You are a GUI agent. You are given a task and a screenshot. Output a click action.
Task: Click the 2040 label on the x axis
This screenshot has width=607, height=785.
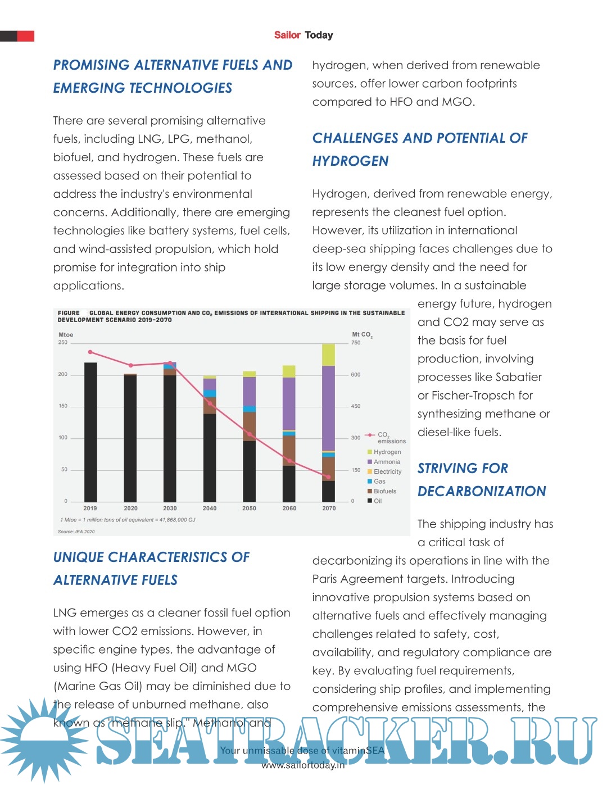click(x=210, y=508)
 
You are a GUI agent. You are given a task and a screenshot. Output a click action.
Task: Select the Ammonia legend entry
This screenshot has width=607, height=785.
click(x=387, y=462)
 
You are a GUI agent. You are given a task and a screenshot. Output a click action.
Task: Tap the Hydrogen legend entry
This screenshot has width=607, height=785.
click(x=387, y=452)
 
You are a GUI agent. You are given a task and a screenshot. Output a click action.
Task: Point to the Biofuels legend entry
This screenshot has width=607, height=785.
click(x=384, y=491)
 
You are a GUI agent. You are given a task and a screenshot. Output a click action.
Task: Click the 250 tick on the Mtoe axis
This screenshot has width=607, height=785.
click(x=62, y=342)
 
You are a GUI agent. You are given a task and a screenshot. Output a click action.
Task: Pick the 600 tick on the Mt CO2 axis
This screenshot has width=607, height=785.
click(x=356, y=374)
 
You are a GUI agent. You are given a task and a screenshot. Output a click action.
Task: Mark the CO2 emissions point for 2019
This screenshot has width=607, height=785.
click(x=90, y=352)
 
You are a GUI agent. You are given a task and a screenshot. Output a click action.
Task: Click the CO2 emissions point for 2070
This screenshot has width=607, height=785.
click(x=329, y=477)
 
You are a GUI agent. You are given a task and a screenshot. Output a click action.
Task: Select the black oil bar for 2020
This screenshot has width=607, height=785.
click(x=130, y=438)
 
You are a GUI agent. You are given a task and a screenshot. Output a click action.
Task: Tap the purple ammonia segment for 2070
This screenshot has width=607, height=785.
click(x=328, y=407)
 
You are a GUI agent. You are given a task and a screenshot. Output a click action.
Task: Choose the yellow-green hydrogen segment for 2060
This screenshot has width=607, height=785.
click(x=289, y=371)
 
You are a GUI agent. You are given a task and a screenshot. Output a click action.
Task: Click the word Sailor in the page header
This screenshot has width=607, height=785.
click(x=287, y=35)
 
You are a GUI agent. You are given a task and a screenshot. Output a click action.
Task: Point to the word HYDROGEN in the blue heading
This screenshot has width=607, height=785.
click(x=350, y=161)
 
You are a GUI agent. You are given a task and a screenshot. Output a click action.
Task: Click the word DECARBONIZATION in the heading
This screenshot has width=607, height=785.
click(x=482, y=492)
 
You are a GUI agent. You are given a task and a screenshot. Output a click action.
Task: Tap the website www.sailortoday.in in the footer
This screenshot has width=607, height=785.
click(x=303, y=765)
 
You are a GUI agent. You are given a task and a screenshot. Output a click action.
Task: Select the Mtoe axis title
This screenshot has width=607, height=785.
click(x=66, y=335)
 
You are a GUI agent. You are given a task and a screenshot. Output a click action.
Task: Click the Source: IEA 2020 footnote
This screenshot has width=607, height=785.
click(x=76, y=532)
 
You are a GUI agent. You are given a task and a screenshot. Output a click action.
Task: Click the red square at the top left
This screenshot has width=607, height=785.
click(x=26, y=36)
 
